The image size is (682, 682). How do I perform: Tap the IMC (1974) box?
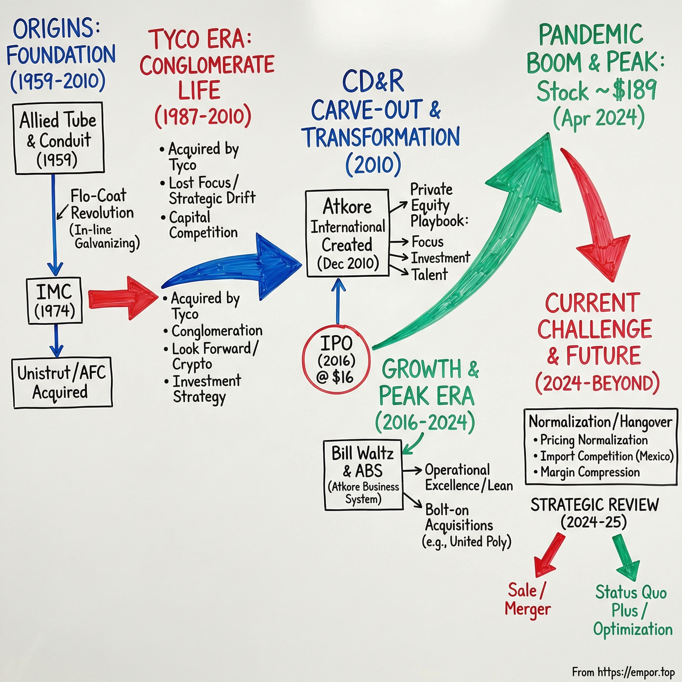(x=55, y=300)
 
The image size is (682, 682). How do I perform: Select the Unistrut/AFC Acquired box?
(x=63, y=383)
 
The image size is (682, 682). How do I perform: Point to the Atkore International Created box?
(x=347, y=233)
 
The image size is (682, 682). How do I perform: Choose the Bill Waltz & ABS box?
(x=363, y=475)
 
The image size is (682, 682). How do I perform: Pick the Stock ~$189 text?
(x=596, y=91)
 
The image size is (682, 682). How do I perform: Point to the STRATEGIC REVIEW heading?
(x=594, y=505)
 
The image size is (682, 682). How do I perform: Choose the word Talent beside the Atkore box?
(x=430, y=275)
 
